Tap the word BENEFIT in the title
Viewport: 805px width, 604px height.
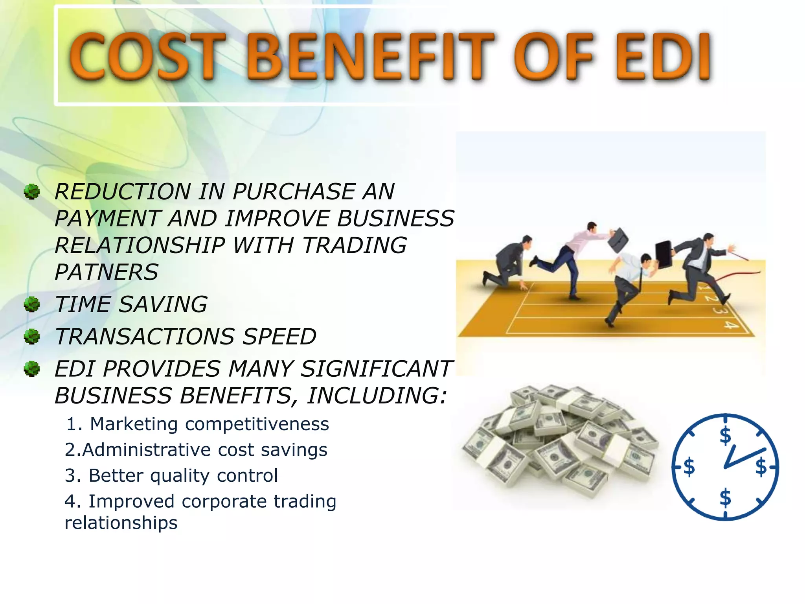pyautogui.click(x=369, y=57)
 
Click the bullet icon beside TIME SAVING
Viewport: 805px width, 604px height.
pyautogui.click(x=32, y=304)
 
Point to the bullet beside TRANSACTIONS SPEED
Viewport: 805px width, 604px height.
pyautogui.click(x=32, y=336)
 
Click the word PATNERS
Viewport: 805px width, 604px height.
pyautogui.click(x=106, y=272)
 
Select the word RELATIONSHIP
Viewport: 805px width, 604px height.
pyautogui.click(x=140, y=245)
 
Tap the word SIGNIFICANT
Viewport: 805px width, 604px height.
pyautogui.click(x=376, y=369)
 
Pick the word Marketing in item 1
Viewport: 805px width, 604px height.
pyautogui.click(x=134, y=424)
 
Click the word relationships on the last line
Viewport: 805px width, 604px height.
pyautogui.click(x=121, y=523)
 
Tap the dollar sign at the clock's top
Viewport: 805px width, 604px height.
pyautogui.click(x=725, y=436)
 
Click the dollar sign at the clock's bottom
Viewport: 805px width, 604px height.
pyautogui.click(x=725, y=498)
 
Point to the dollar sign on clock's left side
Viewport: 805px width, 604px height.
pyautogui.click(x=689, y=467)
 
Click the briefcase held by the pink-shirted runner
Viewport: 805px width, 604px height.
pyautogui.click(x=618, y=240)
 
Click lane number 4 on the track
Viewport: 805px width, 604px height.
pyautogui.click(x=730, y=325)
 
